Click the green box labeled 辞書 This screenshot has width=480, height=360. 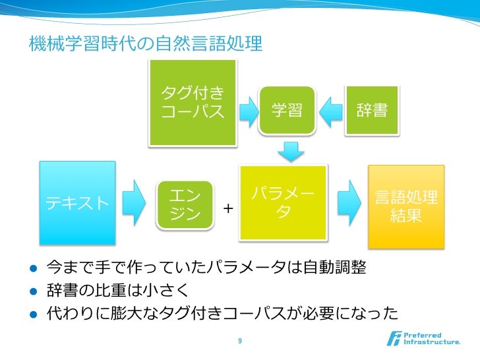click(372, 110)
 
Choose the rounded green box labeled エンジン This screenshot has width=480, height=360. click(185, 205)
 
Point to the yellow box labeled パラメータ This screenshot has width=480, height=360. click(283, 202)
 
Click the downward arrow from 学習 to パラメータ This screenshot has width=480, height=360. click(288, 151)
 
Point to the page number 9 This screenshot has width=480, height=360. click(239, 341)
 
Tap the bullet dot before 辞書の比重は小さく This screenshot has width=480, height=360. click(33, 291)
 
